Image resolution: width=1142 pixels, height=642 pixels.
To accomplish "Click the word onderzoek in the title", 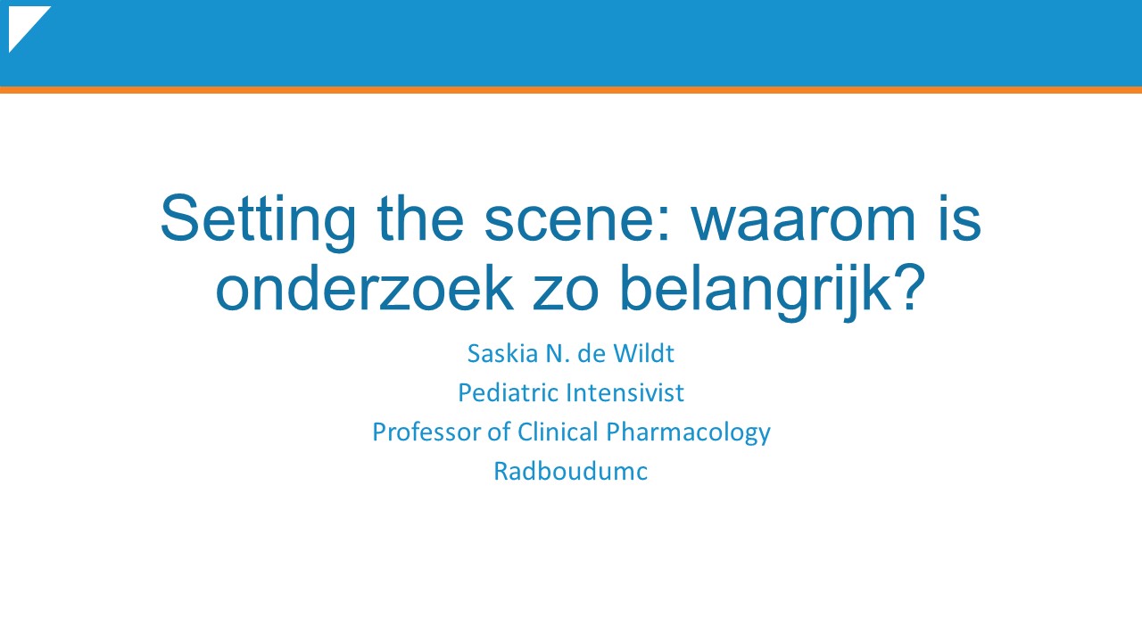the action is pyautogui.click(x=364, y=287).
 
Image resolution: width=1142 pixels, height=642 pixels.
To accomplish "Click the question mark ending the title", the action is pyautogui.click(x=910, y=287).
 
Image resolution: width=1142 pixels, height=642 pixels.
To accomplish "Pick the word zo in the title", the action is pyautogui.click(x=566, y=293).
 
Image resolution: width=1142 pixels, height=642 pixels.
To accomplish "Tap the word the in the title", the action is pyautogui.click(x=420, y=218).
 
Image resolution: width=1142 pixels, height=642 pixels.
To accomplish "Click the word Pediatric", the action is pyautogui.click(x=509, y=393).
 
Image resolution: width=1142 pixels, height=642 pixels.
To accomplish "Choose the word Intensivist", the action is pyautogui.click(x=625, y=393).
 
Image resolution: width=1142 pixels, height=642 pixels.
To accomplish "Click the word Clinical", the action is pyautogui.click(x=558, y=432).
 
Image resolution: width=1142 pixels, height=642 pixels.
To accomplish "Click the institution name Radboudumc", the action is pyautogui.click(x=570, y=472).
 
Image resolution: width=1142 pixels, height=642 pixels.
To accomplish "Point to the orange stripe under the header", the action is pyautogui.click(x=571, y=90).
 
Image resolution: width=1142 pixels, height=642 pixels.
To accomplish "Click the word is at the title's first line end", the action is pyautogui.click(x=959, y=218).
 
